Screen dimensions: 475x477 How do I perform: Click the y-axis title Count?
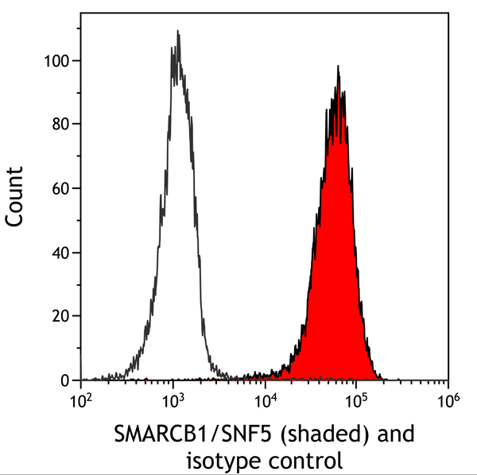coord(15,197)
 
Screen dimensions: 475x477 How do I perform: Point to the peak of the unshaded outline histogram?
coord(177,32)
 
